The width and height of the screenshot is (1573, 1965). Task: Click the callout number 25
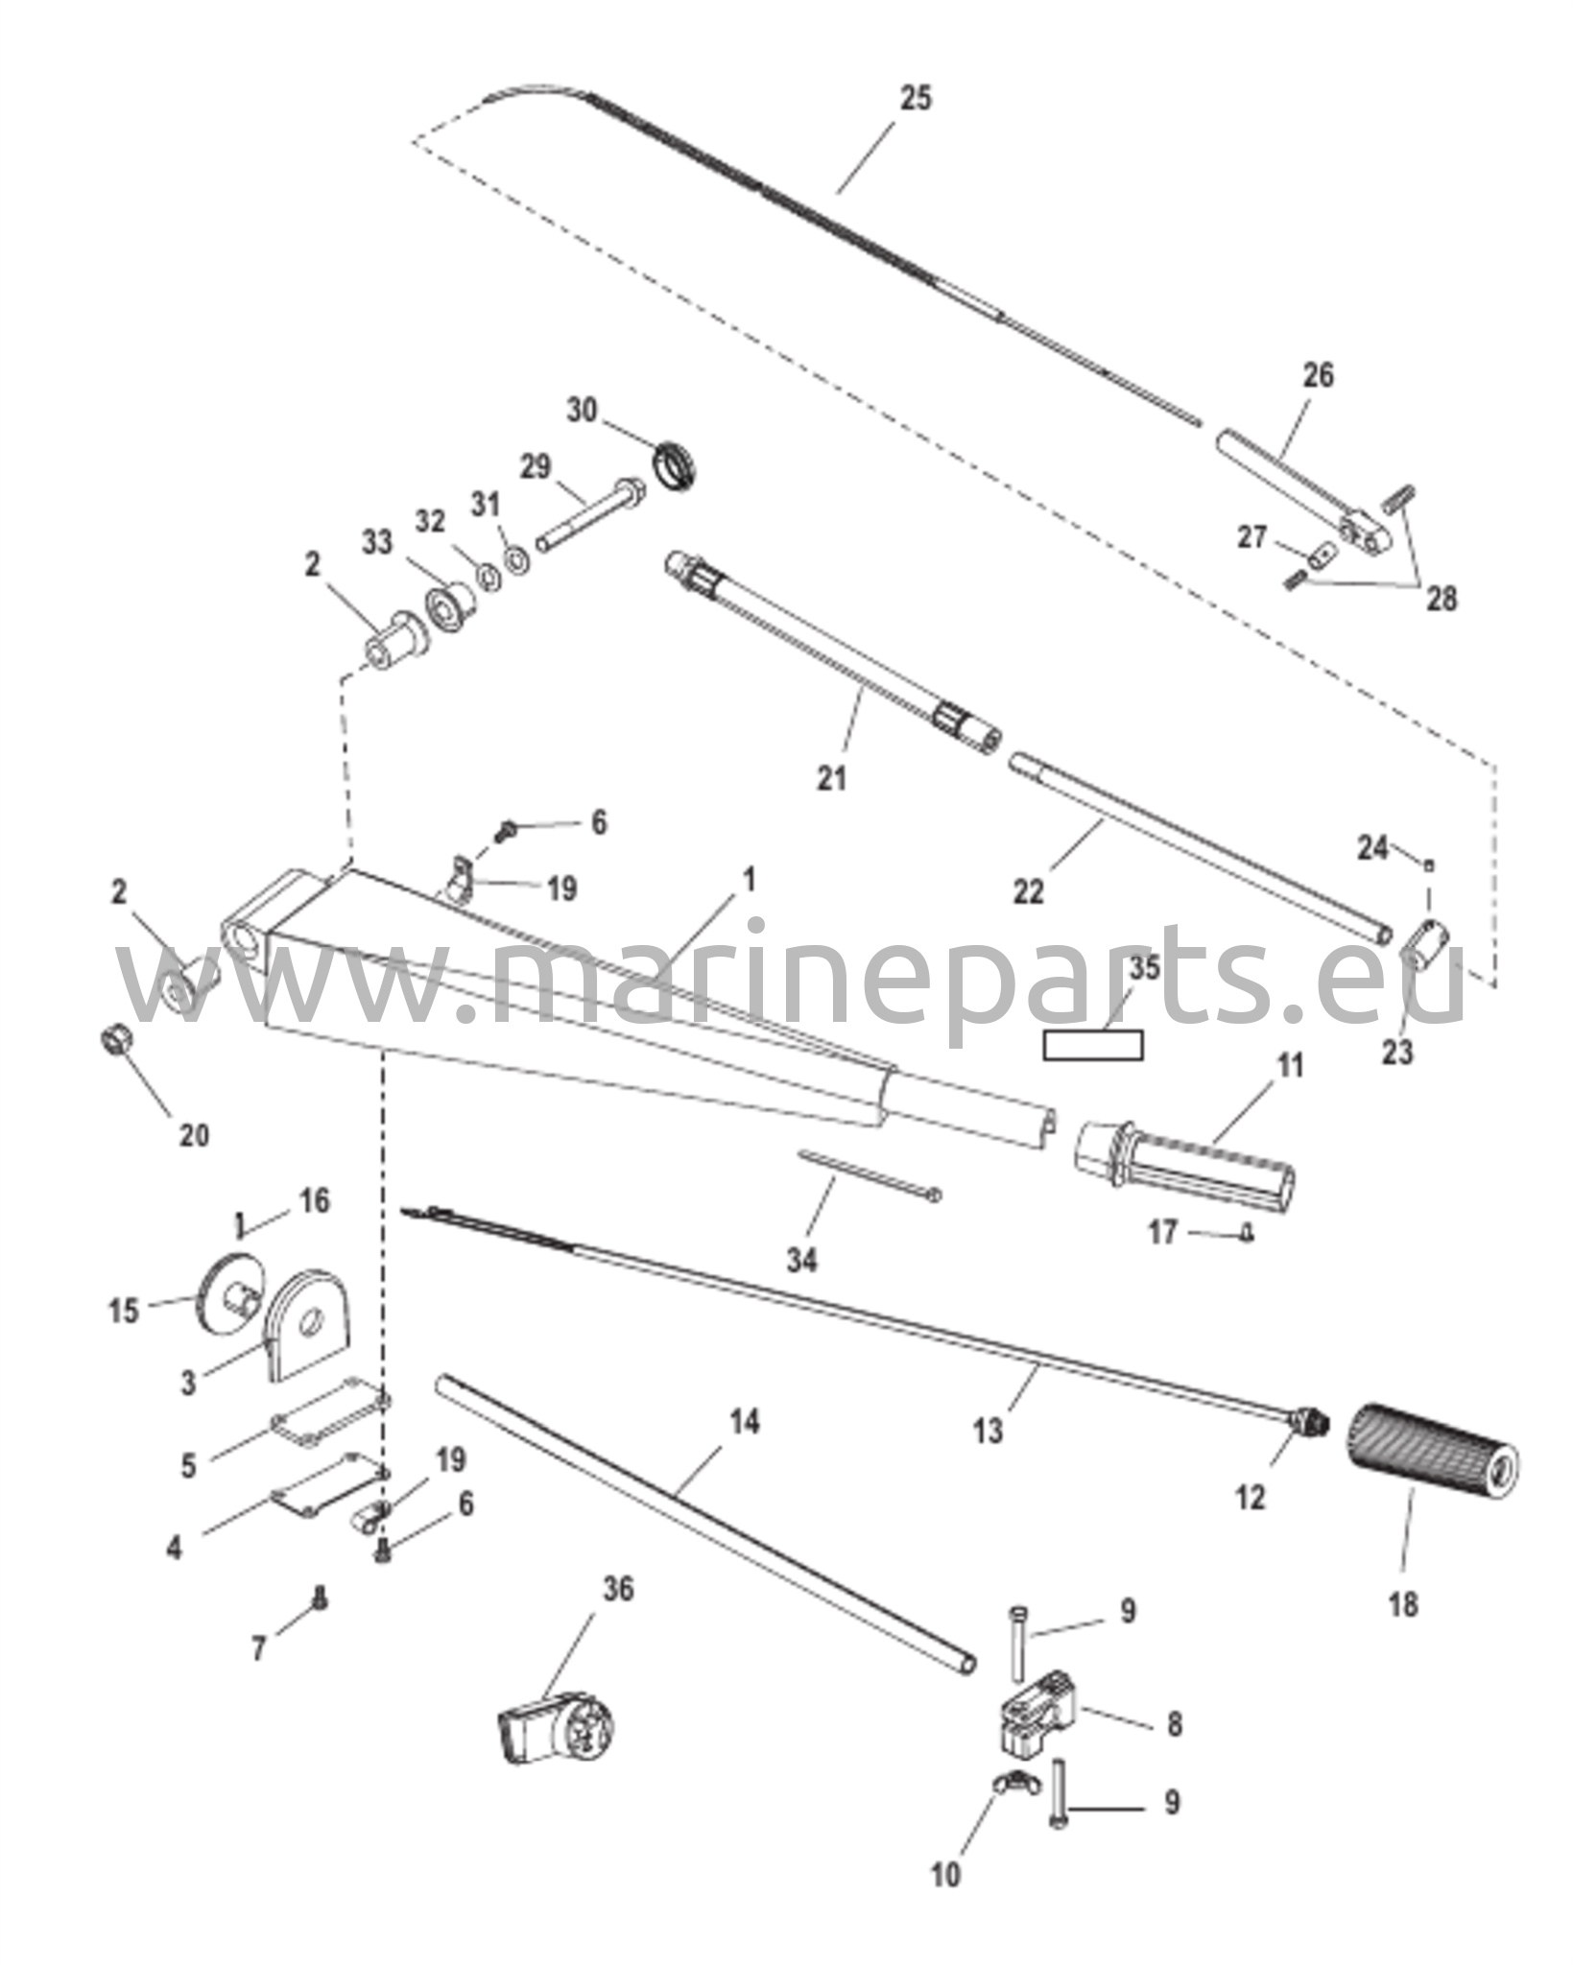pos(915,98)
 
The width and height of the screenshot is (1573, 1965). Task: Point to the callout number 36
pos(618,1589)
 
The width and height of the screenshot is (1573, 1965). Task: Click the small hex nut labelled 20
pos(116,1039)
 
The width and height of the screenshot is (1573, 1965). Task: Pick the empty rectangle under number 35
pos(1093,1045)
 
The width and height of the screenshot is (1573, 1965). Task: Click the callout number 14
pos(744,1422)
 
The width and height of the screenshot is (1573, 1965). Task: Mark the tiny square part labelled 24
pos(1429,865)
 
